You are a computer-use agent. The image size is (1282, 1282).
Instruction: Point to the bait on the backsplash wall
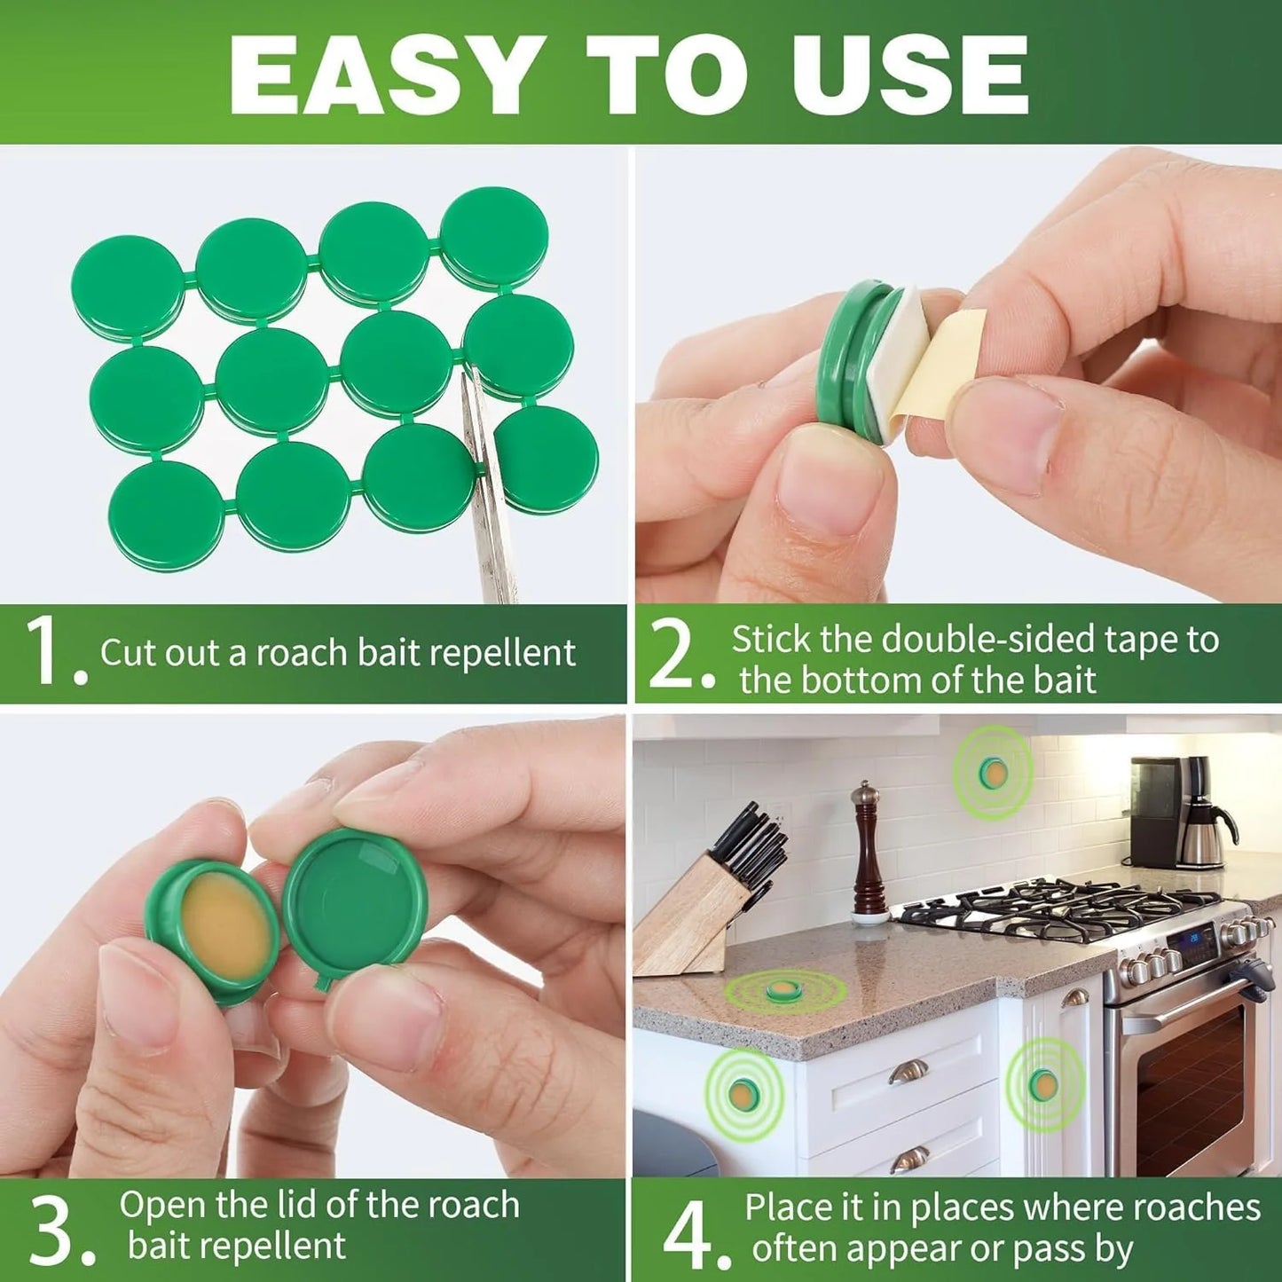pyautogui.click(x=993, y=774)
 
